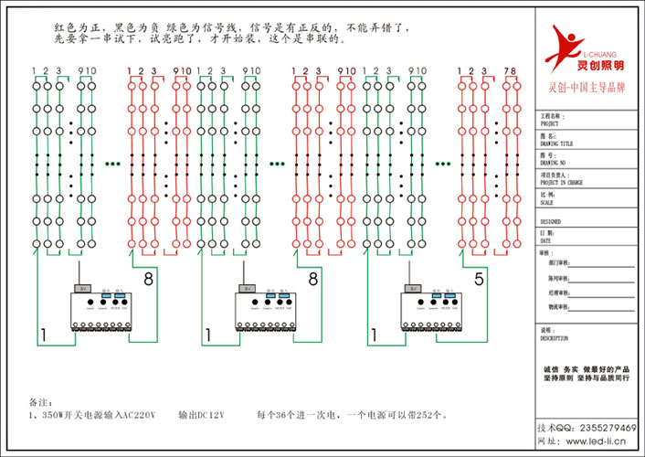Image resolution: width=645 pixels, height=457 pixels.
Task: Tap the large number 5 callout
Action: click(478, 282)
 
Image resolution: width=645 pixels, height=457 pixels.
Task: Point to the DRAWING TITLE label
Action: click(556, 143)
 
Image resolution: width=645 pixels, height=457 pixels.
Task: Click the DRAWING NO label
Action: click(554, 162)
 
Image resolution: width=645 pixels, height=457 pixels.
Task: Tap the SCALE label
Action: click(547, 202)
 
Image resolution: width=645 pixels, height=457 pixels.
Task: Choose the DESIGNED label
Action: click(551, 221)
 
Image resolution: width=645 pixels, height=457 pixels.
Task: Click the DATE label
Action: click(546, 240)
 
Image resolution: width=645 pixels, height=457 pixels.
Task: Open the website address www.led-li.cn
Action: click(593, 441)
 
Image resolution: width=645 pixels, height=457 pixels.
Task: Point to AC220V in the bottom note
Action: click(141, 415)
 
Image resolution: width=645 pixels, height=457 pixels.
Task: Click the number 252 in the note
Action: click(425, 415)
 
